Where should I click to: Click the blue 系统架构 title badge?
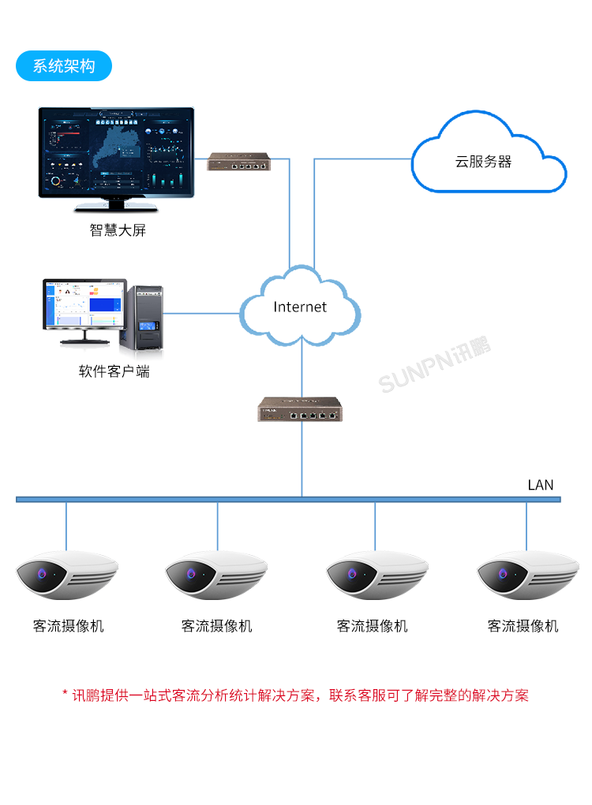click(x=64, y=66)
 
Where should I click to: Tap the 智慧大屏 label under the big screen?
click(x=118, y=231)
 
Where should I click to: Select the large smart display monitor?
click(x=118, y=154)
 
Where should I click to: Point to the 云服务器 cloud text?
click(x=483, y=162)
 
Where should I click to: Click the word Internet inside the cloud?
click(x=300, y=307)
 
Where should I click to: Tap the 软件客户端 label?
click(x=114, y=371)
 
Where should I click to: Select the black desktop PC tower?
click(x=142, y=318)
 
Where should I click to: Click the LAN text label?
click(x=541, y=485)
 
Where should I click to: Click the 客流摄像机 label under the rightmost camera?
click(x=523, y=626)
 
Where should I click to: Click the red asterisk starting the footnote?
click(x=66, y=695)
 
